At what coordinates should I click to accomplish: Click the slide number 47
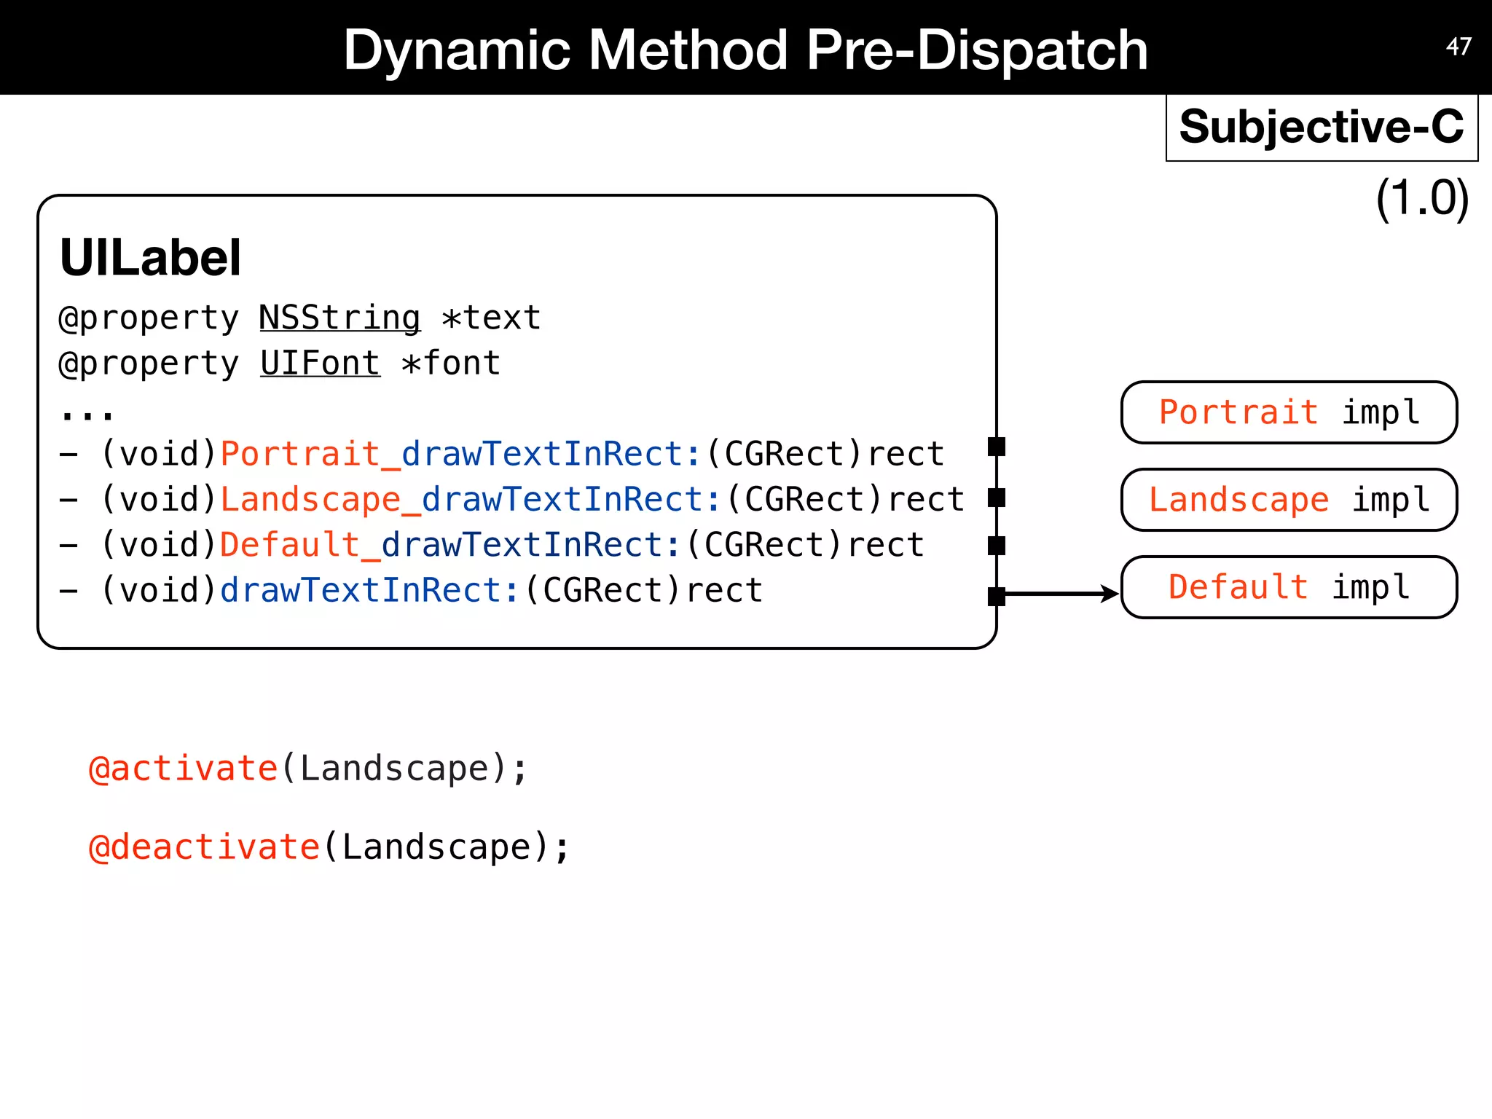(1458, 47)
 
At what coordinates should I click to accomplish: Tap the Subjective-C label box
(1322, 127)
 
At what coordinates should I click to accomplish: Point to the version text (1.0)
(1421, 198)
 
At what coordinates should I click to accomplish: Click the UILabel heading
(150, 258)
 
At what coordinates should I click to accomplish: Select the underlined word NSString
(339, 318)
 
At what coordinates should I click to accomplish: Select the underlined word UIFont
(320, 364)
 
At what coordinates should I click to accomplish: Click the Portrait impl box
(1289, 412)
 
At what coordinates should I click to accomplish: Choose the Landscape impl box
(1289, 500)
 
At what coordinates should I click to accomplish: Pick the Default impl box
(1289, 587)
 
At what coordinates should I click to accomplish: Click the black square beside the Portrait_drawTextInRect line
(997, 447)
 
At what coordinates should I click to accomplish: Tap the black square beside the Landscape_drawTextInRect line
(997, 498)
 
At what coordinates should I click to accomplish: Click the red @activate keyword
(183, 769)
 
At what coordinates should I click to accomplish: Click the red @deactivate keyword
(204, 847)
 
